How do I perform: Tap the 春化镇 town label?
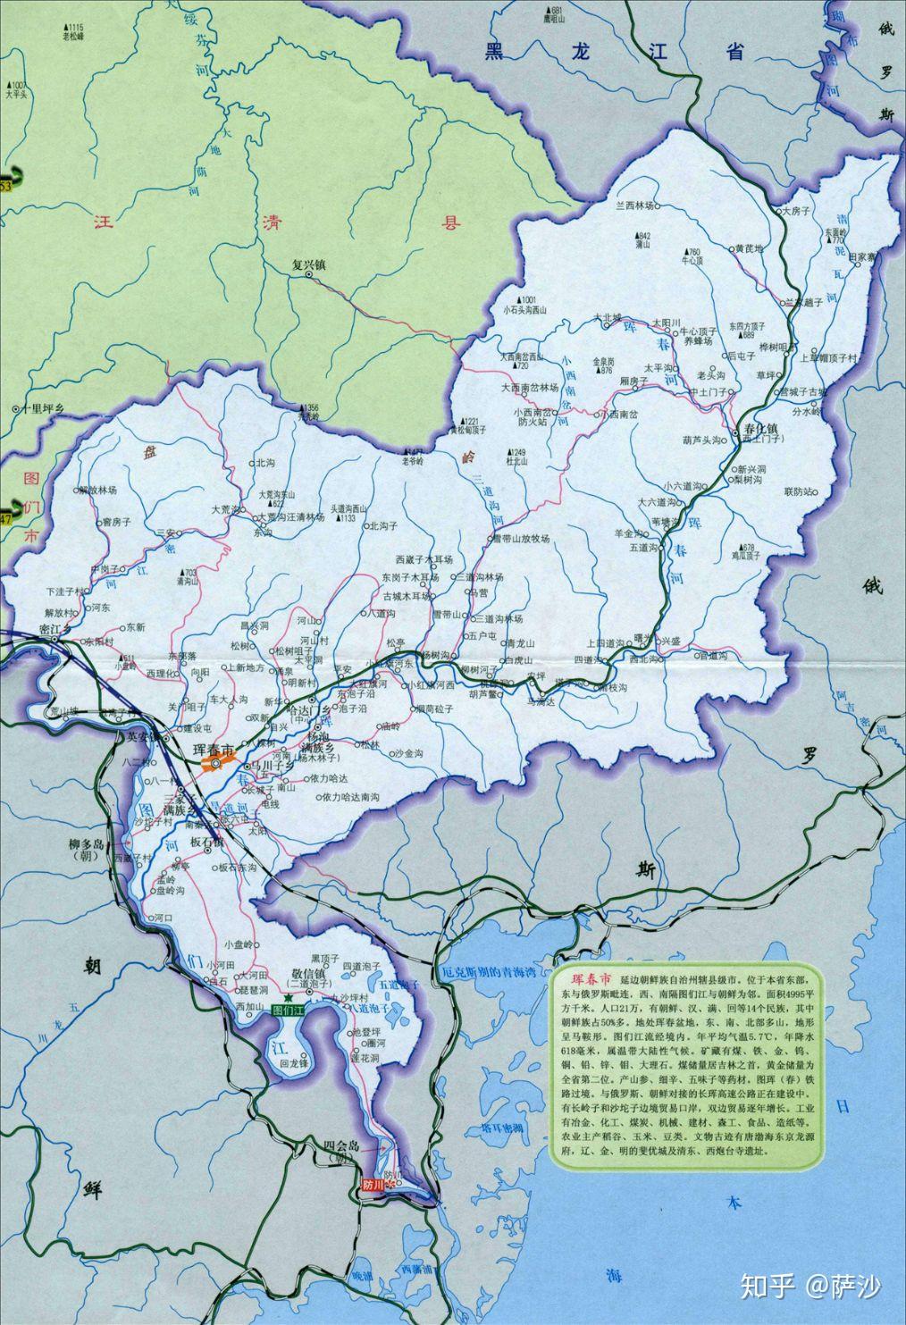[762, 429]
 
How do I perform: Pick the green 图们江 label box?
[289, 1011]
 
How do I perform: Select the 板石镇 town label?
[207, 843]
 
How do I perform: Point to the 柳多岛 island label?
[86, 844]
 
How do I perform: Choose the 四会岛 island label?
[340, 1146]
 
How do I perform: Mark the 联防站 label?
[801, 491]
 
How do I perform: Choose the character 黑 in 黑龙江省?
[495, 52]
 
